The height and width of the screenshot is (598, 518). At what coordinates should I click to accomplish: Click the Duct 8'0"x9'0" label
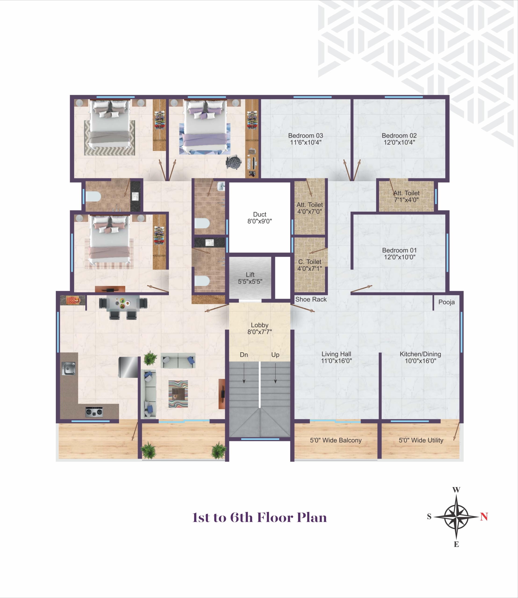[260, 218]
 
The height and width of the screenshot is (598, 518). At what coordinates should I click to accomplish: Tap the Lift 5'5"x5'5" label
[250, 278]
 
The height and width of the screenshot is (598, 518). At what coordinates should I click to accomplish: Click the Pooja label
[446, 302]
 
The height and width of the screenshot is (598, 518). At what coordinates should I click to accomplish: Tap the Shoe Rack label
[311, 299]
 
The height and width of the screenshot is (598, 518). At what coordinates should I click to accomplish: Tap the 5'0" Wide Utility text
[421, 440]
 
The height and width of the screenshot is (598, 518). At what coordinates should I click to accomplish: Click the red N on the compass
[484, 516]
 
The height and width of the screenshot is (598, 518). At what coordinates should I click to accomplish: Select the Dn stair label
[244, 355]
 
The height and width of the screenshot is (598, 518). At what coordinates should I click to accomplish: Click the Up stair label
[275, 355]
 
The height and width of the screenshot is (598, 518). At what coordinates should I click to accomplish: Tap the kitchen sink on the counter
[68, 369]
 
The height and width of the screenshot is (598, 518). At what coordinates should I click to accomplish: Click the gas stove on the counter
[94, 411]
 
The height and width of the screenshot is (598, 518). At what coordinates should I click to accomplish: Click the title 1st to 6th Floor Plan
[260, 517]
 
